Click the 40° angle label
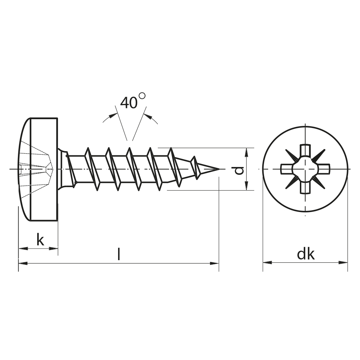133,101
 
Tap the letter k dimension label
40,240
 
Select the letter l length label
118,254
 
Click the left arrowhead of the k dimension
23,249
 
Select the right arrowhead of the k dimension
53,249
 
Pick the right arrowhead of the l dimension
214,263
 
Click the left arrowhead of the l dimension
23,263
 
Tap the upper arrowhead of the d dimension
246,153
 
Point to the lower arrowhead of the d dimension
246,186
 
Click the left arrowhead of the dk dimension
268,262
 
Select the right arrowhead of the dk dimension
343,262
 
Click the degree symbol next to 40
142,96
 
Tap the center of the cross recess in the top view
305,169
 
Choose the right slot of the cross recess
324,169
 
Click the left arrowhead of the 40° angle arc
113,115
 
